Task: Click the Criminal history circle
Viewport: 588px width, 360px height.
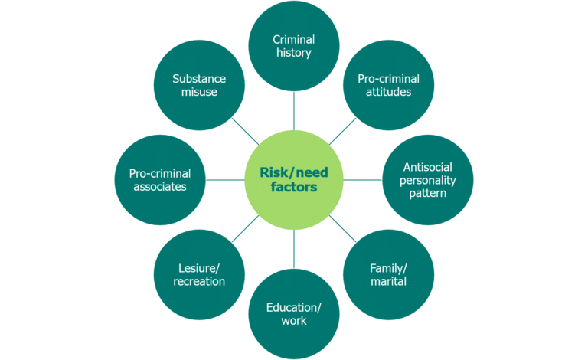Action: (x=294, y=46)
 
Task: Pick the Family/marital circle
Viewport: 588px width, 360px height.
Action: (x=387, y=274)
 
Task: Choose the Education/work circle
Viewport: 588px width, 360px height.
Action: (x=294, y=313)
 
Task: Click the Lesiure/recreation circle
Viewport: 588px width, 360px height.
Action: (x=200, y=274)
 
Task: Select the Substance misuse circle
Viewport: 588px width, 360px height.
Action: (x=200, y=84)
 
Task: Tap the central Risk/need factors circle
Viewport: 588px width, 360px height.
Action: (x=294, y=179)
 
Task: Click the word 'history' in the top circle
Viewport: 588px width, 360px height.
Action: (x=294, y=54)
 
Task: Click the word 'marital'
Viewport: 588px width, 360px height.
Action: (x=387, y=282)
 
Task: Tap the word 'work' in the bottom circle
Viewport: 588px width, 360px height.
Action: (x=294, y=321)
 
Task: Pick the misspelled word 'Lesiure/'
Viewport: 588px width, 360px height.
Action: (x=200, y=267)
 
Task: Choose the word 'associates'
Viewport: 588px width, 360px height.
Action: (x=161, y=187)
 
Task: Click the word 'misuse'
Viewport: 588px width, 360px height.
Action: (x=200, y=92)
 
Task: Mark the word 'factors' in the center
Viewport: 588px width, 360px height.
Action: (x=294, y=188)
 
